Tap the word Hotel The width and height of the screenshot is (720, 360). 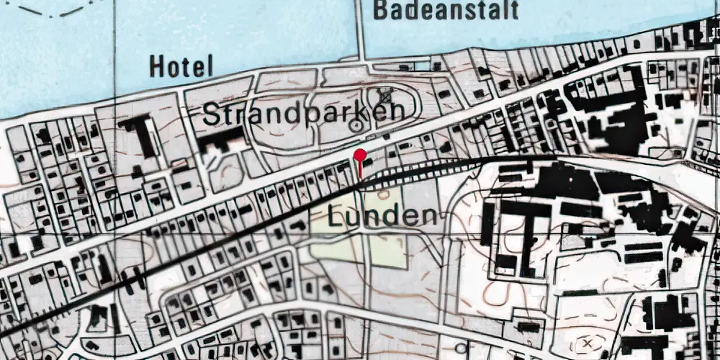181,67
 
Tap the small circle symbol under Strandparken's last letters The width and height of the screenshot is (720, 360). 355,126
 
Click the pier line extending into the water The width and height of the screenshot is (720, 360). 361,29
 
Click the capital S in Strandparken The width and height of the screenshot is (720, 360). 212,113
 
